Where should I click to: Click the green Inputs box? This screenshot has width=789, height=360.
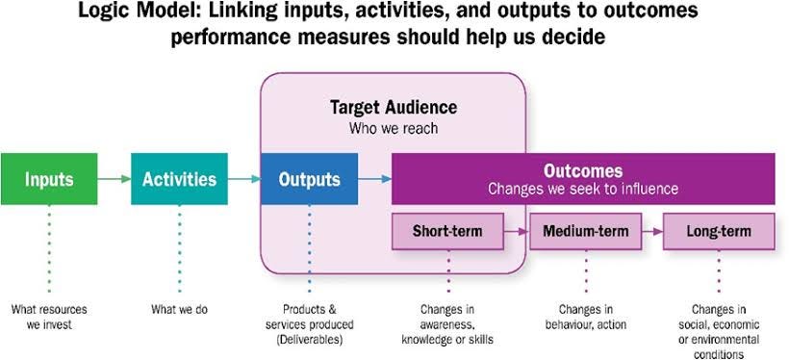point(49,179)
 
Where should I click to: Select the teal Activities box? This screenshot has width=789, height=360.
point(179,179)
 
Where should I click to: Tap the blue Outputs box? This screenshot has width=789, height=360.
point(309,179)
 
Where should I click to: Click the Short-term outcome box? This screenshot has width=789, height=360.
point(447,231)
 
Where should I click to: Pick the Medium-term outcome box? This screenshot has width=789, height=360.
point(585,231)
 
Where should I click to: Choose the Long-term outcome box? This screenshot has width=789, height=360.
point(719,231)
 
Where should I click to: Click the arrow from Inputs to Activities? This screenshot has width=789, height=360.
point(114,179)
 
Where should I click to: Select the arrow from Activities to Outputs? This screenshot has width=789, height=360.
point(243,179)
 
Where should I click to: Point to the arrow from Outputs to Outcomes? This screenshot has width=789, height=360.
point(374,179)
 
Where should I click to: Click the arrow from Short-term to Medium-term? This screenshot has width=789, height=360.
point(518,231)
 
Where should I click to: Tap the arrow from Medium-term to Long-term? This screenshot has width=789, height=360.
point(651,231)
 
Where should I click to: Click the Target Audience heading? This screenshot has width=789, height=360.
point(393,108)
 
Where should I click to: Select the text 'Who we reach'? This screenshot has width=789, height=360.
point(393,127)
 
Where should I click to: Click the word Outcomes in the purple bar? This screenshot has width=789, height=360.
point(583,170)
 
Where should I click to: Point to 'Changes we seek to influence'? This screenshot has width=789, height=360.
point(583,189)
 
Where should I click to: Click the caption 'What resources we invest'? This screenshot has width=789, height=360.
point(48,317)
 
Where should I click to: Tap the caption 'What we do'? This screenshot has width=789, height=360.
point(179,310)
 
